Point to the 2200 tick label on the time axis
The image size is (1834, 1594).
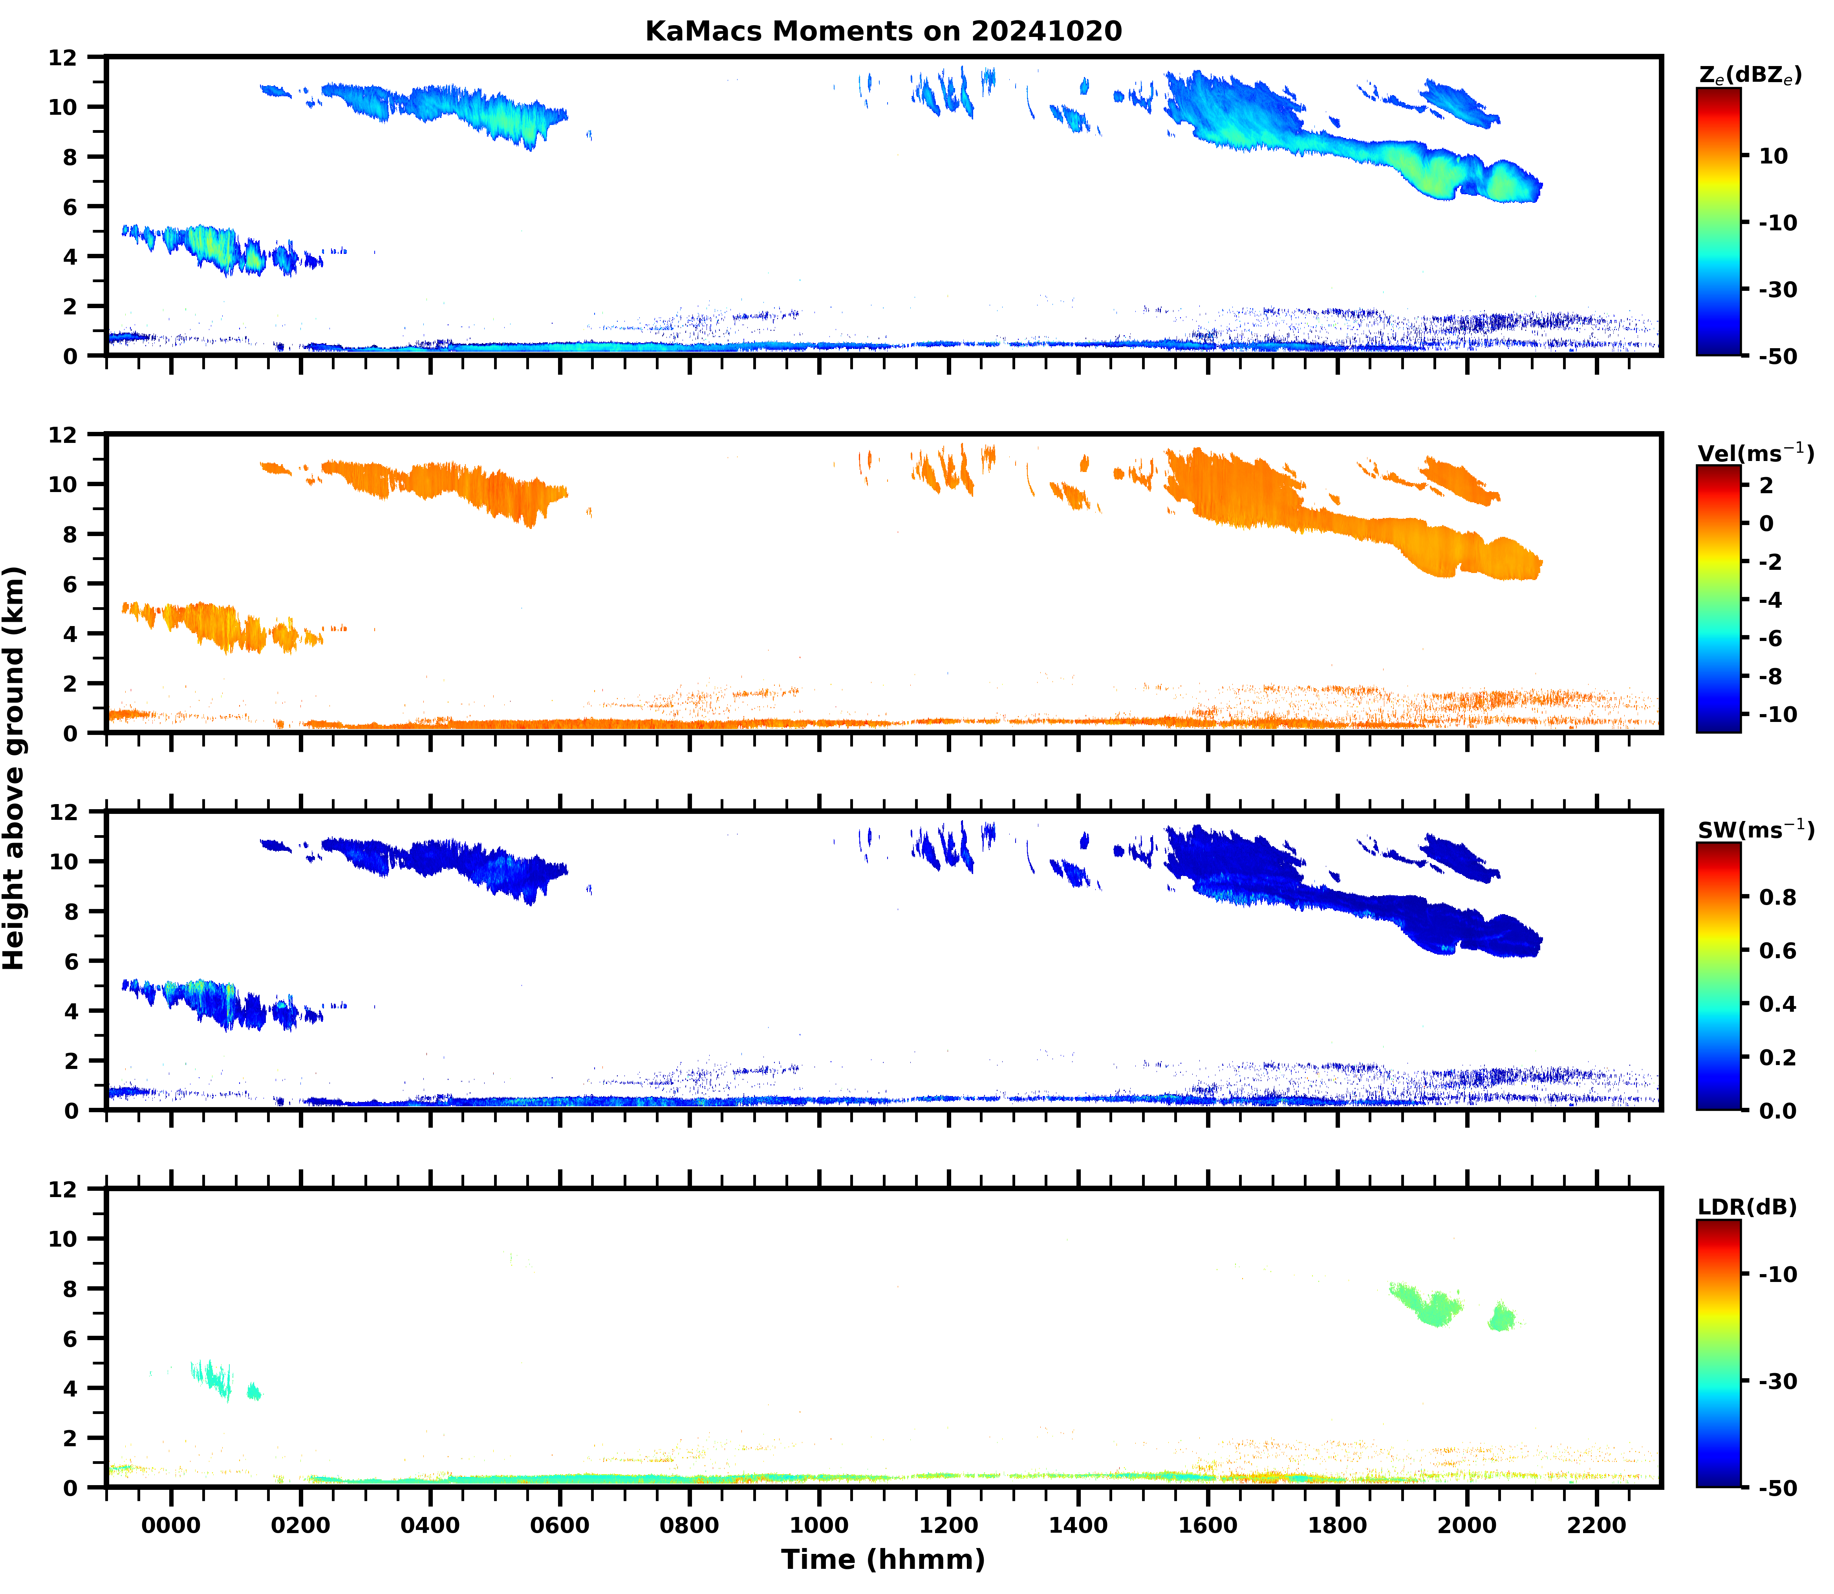click(1597, 1526)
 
